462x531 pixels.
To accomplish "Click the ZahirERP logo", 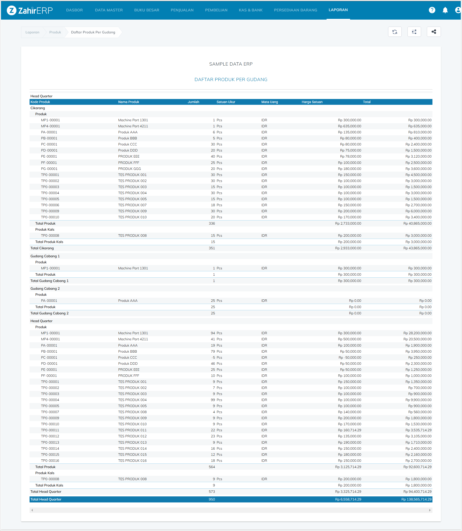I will [30, 10].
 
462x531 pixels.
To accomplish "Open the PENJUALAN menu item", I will [182, 10].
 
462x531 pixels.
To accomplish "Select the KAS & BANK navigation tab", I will [251, 10].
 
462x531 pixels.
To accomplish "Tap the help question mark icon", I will [432, 10].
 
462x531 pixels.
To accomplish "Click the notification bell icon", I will [445, 10].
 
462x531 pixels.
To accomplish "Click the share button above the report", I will [434, 32].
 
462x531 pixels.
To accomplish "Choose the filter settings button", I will [414, 32].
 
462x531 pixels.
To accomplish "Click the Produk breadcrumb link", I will [55, 32].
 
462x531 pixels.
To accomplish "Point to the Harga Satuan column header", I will [312, 102].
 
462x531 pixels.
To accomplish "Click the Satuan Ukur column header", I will [226, 102].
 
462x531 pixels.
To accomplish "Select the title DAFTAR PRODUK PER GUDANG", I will [231, 80].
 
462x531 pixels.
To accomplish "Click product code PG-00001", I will [49, 169].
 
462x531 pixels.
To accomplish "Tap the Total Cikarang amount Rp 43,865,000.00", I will [417, 248].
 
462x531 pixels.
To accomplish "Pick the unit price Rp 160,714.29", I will [349, 430].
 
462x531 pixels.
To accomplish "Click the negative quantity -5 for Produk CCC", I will [213, 357].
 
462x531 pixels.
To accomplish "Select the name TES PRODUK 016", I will [132, 460].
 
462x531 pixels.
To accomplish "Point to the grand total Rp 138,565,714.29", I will [416, 499].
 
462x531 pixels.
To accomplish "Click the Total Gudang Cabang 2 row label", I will [49, 313].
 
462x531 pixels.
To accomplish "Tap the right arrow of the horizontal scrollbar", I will [430, 510].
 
